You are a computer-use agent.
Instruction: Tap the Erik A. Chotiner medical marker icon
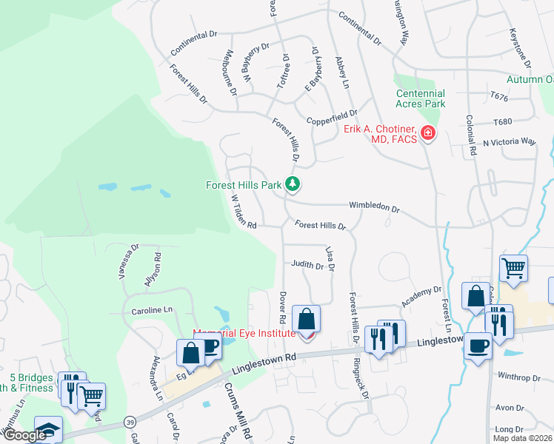click(x=427, y=134)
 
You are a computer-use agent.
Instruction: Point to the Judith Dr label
click(x=307, y=263)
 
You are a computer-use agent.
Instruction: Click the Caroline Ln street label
click(x=151, y=311)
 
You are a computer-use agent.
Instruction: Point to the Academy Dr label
click(x=421, y=297)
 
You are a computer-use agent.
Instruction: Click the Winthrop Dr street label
click(x=519, y=377)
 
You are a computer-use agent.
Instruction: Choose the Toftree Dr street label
click(x=282, y=72)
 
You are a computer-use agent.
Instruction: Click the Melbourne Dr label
click(x=228, y=73)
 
